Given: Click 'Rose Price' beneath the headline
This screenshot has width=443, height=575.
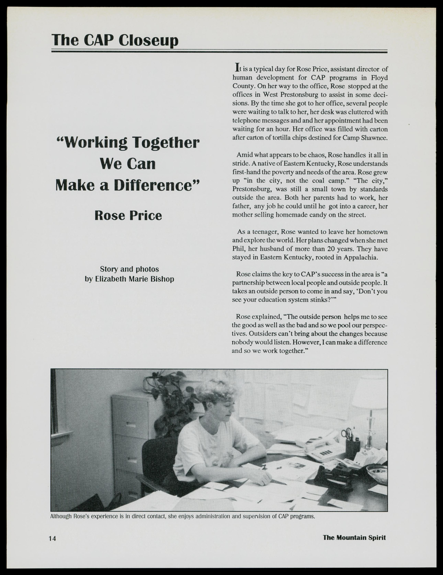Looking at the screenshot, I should click(128, 216).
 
